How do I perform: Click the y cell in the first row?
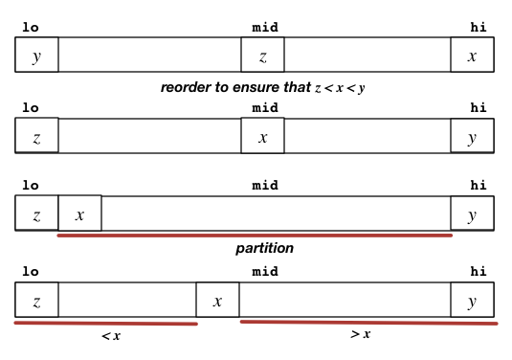[x=36, y=56]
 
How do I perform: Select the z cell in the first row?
[x=262, y=56]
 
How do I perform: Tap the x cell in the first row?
[x=472, y=56]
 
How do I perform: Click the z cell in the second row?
[x=36, y=136]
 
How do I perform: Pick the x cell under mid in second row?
[x=262, y=136]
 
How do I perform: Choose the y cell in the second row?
[x=472, y=136]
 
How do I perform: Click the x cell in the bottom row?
[x=217, y=301]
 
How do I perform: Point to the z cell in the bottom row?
[x=36, y=301]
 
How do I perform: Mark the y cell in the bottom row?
[x=472, y=301]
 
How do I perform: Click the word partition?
[x=264, y=248]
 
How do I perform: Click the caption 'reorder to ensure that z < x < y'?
[x=263, y=87]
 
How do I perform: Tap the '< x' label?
[x=111, y=336]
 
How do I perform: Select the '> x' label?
[x=361, y=334]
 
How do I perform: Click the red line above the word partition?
[x=255, y=234]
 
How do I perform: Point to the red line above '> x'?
[x=368, y=322]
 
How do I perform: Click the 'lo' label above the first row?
[x=31, y=27]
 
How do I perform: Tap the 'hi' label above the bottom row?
[x=479, y=271]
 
